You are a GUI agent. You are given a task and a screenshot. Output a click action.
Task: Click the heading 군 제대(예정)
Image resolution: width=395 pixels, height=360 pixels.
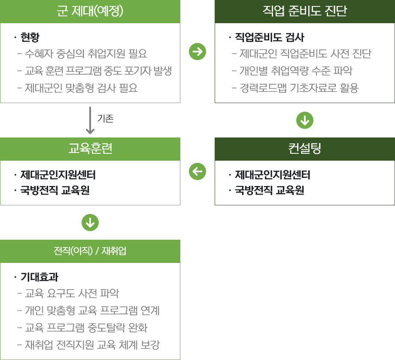[x=90, y=11]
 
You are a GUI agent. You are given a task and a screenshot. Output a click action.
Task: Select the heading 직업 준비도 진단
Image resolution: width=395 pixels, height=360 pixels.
[x=305, y=11]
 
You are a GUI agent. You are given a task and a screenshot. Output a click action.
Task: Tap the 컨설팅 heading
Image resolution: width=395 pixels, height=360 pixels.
[x=305, y=149]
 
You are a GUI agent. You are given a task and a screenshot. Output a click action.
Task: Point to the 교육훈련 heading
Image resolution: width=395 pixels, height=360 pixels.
[x=90, y=149]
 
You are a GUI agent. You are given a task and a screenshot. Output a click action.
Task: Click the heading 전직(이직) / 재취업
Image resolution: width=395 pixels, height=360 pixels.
[x=90, y=251]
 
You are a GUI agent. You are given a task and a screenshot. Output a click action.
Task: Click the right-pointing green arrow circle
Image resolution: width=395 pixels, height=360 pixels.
[x=197, y=52]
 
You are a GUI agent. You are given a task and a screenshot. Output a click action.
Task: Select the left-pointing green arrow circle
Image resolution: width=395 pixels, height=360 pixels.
[x=197, y=172]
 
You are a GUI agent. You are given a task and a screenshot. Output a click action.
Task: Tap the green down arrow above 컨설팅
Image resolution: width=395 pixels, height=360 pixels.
[x=305, y=121]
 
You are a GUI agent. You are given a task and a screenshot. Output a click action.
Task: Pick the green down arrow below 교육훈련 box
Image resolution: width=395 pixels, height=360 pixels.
[x=90, y=223]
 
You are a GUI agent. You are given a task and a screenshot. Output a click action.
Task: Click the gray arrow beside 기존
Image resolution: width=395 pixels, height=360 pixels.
[x=90, y=120]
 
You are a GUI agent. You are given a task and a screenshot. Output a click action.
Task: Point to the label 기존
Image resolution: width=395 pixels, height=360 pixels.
[x=105, y=119]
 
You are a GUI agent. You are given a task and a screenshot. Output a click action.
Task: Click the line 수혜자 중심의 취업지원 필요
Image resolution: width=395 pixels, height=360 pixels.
[x=86, y=54]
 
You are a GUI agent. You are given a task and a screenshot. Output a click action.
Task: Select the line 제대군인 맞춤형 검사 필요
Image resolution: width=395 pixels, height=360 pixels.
[x=81, y=88]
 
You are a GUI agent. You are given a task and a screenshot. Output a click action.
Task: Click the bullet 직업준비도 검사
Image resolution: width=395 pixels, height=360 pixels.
[x=269, y=38]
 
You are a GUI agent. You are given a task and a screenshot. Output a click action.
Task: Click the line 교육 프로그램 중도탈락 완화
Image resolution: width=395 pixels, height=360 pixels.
[x=86, y=328]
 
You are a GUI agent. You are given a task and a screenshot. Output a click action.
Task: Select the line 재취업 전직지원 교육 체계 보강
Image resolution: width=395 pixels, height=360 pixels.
[x=92, y=345]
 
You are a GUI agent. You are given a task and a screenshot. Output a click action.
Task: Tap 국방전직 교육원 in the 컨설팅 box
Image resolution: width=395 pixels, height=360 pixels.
[x=269, y=191]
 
